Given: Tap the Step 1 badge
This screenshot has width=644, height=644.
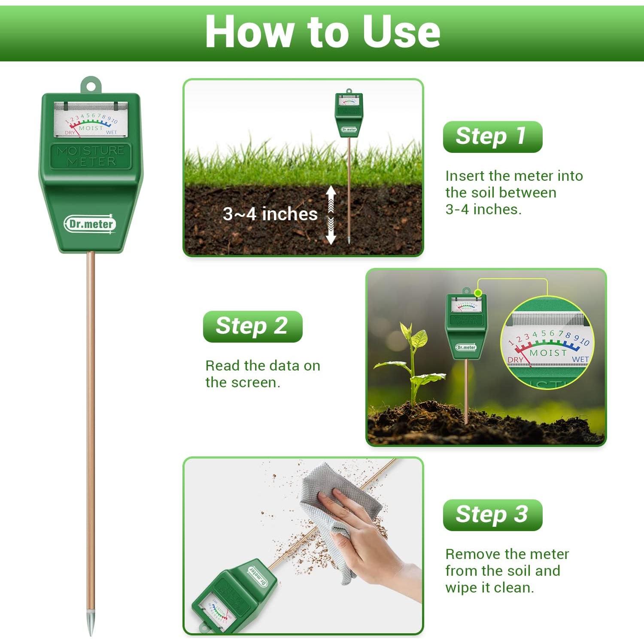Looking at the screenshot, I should pos(492,137).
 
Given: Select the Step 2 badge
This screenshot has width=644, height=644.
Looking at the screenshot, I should pos(252,326).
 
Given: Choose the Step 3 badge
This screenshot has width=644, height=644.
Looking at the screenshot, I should pos(492,514).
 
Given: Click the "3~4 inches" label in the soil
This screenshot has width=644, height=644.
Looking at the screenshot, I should pos(270,214).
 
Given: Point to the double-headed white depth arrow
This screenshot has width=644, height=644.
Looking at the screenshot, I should pos(331,215).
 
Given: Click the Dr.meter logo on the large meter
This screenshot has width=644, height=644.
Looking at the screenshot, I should pos(91,224).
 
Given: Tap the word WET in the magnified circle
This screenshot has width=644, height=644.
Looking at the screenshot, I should pos(580,359).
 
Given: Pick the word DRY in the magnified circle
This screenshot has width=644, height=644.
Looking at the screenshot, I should pos(515,360).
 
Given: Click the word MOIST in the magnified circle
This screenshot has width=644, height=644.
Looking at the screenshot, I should pos(548,352).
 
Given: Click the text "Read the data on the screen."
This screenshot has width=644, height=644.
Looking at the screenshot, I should pos(262,374).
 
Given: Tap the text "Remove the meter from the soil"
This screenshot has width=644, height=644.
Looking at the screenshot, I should pos(507,562).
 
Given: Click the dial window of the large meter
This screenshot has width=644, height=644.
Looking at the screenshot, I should pos(91,120).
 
